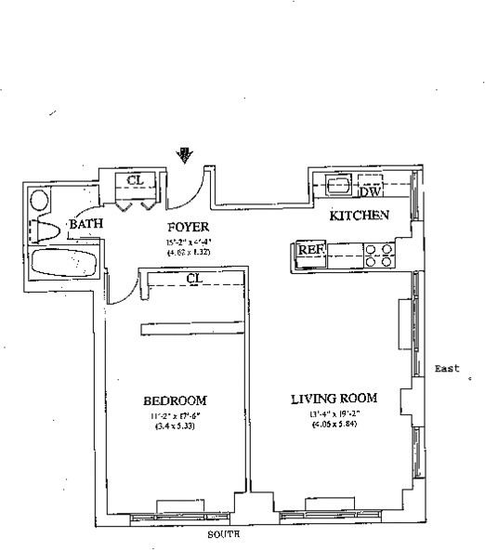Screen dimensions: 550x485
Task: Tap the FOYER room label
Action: [x=188, y=227]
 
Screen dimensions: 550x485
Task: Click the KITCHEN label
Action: [x=359, y=216]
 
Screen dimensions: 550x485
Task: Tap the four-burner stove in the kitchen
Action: [x=376, y=255]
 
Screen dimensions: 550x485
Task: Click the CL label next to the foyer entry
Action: [x=135, y=180]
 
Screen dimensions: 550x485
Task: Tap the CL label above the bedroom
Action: [x=194, y=277]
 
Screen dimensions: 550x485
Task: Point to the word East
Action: [x=448, y=369]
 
